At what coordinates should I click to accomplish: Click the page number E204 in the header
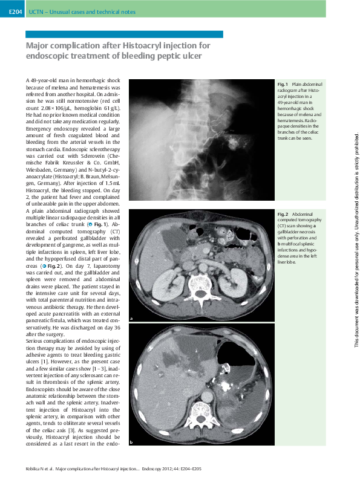[15, 11]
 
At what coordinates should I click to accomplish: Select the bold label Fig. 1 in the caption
[283, 84]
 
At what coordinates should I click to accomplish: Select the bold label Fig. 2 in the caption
[283, 214]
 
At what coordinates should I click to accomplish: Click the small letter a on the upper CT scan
[131, 319]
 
